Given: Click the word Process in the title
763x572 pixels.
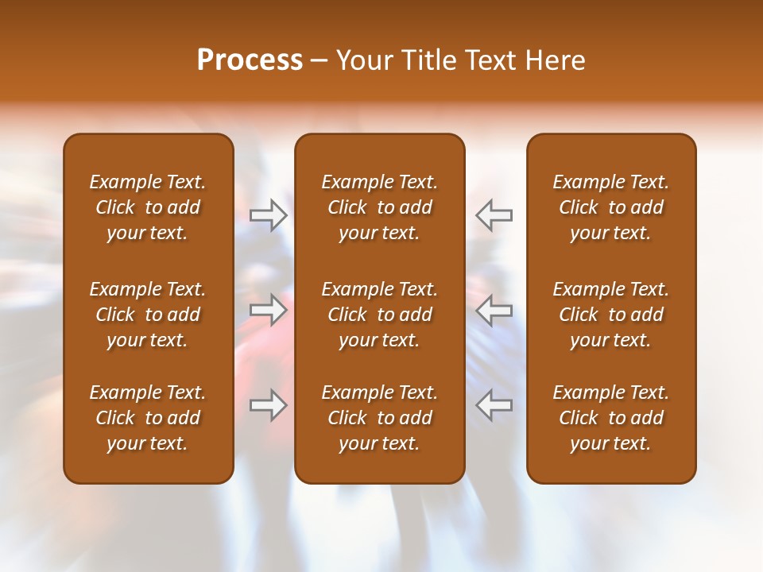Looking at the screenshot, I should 250,60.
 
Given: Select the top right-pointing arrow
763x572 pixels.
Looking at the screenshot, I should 269,214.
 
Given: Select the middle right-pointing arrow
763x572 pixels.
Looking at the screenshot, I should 269,310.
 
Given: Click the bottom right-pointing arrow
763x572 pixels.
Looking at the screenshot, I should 269,405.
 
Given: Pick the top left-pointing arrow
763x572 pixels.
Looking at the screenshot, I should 494,214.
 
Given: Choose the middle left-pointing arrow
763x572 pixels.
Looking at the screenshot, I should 494,310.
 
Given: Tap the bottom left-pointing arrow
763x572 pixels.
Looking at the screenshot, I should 494,405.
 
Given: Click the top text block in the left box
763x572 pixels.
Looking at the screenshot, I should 148,207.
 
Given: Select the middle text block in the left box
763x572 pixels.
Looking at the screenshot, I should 148,315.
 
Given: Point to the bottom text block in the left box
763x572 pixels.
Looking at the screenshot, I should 148,418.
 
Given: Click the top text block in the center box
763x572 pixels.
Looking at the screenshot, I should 379,207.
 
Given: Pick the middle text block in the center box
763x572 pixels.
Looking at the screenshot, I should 379,315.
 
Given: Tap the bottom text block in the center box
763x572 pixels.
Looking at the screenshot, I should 379,418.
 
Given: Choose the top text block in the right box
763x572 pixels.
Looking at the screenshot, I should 610,207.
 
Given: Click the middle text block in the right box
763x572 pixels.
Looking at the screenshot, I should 610,315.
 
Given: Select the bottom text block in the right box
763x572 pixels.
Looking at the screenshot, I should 610,418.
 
